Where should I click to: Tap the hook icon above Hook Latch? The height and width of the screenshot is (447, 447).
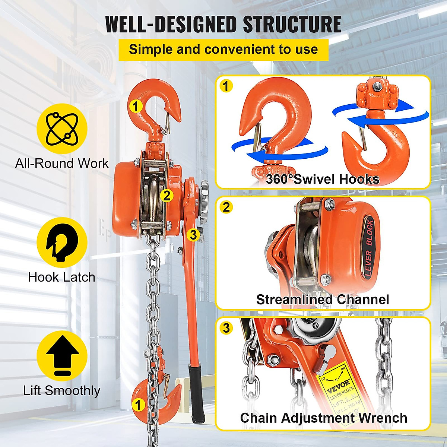(x=62, y=242)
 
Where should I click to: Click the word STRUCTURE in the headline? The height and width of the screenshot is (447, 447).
(x=292, y=25)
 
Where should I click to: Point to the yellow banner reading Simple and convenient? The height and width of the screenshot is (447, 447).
(x=223, y=50)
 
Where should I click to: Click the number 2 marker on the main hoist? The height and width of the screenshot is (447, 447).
(x=167, y=195)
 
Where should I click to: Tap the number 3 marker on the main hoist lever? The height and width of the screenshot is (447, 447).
(x=193, y=235)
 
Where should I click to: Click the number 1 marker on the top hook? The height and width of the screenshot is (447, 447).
(x=136, y=106)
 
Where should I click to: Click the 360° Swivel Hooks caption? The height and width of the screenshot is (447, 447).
(x=323, y=179)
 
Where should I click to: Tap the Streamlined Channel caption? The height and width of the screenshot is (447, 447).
(x=323, y=299)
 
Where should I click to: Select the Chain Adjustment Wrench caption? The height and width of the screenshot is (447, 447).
(x=323, y=418)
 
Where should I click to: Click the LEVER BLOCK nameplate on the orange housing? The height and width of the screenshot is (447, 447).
(x=369, y=248)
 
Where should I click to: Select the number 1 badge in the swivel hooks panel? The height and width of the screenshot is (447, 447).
(x=226, y=86)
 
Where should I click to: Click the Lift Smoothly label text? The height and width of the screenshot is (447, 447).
(x=62, y=390)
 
